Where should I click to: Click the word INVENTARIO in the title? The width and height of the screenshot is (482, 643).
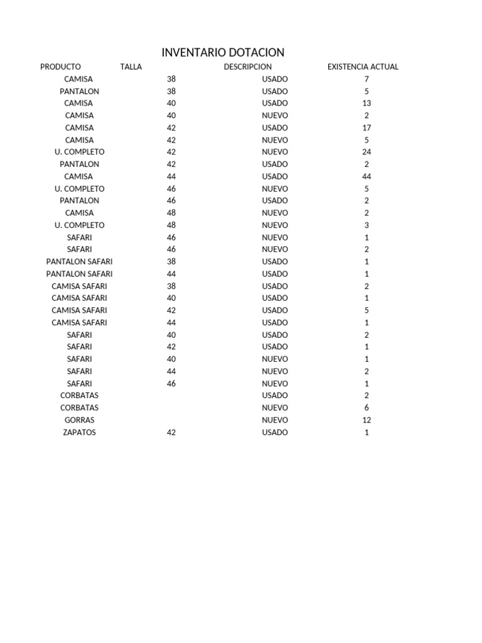[191, 53]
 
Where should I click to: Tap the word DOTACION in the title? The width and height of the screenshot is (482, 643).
[254, 53]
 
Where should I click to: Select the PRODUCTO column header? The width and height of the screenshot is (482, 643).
[60, 67]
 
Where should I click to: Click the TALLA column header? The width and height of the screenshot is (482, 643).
[131, 67]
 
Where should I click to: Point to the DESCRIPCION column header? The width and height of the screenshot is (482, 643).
[248, 67]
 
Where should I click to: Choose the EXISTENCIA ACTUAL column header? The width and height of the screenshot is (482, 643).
[363, 67]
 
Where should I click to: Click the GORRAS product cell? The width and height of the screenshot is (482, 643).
[79, 420]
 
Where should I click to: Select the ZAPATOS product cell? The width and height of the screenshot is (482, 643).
[79, 433]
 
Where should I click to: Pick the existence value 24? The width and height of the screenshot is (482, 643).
[367, 152]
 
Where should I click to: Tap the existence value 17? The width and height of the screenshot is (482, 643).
[367, 127]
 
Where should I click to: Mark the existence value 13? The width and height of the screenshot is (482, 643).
[367, 103]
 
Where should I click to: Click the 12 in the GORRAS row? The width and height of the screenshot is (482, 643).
[367, 420]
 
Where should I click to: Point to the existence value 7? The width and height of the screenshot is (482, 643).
[367, 79]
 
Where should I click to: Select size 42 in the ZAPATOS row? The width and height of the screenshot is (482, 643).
[171, 433]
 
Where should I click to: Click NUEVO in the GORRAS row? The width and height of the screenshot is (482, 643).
[275, 420]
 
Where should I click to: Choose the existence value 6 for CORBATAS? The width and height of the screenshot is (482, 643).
[367, 408]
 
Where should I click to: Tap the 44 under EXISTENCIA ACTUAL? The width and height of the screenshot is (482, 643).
[367, 176]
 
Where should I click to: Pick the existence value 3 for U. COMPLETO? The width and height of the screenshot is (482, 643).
[367, 225]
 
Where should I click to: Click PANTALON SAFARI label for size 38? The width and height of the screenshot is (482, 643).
[79, 262]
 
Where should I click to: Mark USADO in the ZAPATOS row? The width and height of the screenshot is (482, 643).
[275, 433]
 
